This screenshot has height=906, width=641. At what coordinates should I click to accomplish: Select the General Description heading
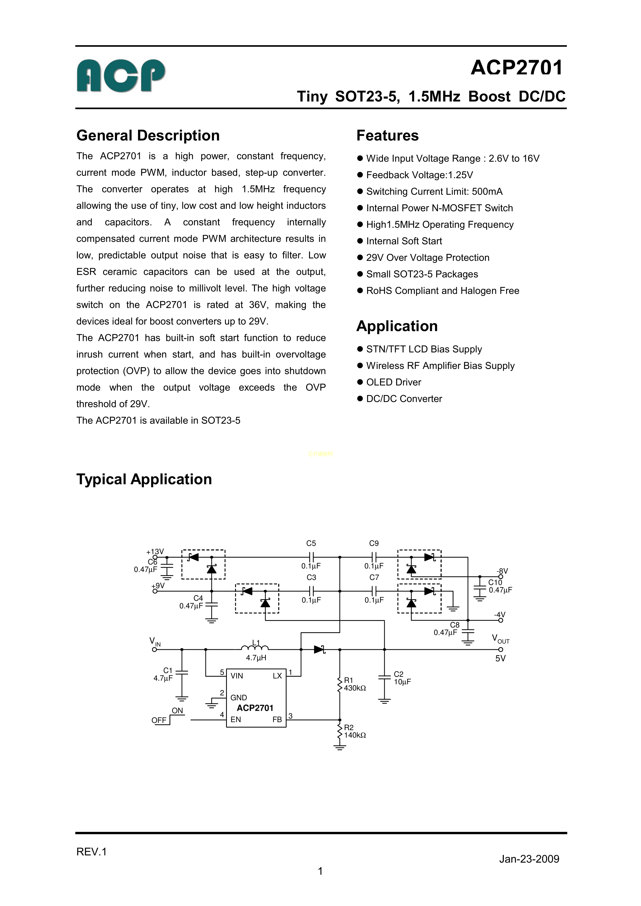pyautogui.click(x=148, y=135)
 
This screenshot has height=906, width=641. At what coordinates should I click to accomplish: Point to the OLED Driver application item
pyautogui.click(x=393, y=382)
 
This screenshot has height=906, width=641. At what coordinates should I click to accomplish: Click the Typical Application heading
pyautogui.click(x=144, y=479)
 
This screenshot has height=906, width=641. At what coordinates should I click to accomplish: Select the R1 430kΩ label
pyautogui.click(x=355, y=684)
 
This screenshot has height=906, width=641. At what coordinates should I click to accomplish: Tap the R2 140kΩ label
pyautogui.click(x=355, y=731)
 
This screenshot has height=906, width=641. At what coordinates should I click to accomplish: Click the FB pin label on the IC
pyautogui.click(x=277, y=719)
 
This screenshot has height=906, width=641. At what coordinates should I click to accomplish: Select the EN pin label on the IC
pyautogui.click(x=236, y=719)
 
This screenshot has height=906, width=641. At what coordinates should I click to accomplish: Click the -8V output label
pyautogui.click(x=502, y=571)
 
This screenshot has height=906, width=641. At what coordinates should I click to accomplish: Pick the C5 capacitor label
pyautogui.click(x=311, y=543)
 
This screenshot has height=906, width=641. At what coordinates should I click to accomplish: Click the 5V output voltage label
pyautogui.click(x=500, y=658)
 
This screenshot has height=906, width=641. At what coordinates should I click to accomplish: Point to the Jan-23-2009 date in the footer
pyautogui.click(x=529, y=859)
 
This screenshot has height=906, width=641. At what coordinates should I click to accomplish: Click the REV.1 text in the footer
pyautogui.click(x=91, y=852)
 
